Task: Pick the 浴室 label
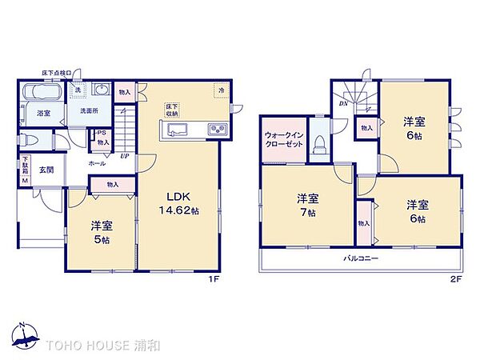coord(43,114)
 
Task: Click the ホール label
coord(97,162)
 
